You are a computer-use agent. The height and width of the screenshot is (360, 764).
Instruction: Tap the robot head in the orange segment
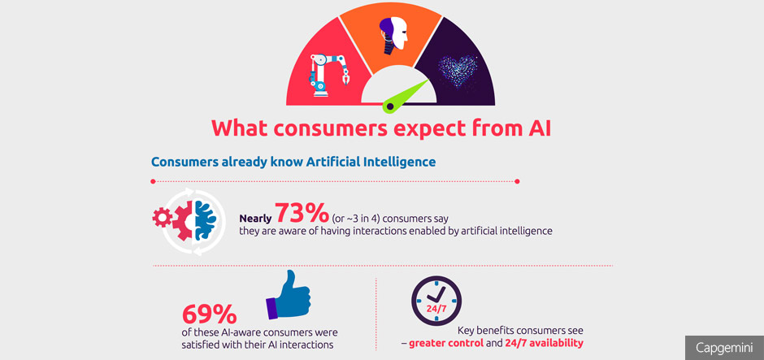393,33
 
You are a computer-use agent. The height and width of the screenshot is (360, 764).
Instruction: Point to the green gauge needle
407,95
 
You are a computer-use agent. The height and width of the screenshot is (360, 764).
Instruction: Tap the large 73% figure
302,213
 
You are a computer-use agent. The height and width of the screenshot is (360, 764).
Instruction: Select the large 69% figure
209,314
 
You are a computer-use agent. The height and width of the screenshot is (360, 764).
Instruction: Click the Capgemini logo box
724,348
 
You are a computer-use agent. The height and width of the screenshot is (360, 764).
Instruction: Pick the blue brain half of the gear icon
205,219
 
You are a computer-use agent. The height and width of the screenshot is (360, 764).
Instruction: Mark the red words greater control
446,343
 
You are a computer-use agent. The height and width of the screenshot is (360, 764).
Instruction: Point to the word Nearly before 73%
255,219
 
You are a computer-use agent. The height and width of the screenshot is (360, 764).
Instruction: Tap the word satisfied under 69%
200,345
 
